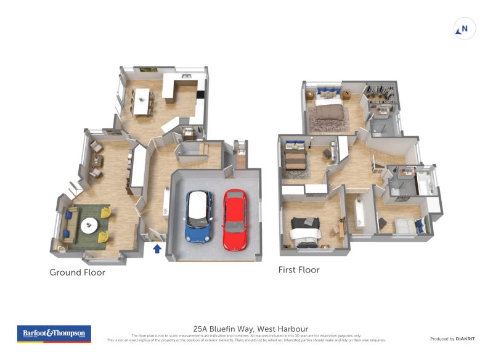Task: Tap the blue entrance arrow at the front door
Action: [157, 248]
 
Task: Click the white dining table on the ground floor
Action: [142, 102]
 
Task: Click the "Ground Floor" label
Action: [77, 272]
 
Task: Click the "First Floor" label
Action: [298, 269]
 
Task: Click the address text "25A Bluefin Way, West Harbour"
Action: [250, 329]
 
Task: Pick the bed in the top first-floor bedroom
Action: [328, 108]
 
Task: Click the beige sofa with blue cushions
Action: [69, 225]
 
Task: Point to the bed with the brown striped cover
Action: [294, 157]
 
